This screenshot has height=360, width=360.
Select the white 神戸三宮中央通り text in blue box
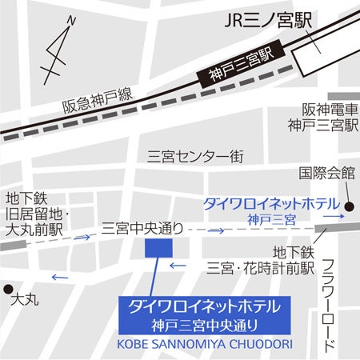206,325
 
